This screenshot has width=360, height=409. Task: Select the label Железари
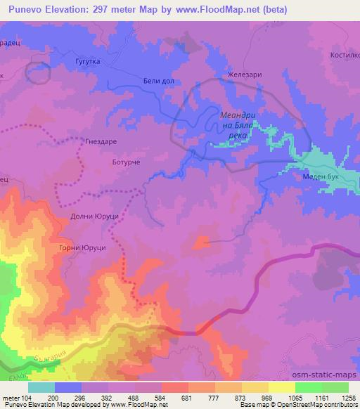click(242, 77)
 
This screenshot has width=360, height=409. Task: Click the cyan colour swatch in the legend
click(41, 387)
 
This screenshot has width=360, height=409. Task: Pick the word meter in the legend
click(12, 397)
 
